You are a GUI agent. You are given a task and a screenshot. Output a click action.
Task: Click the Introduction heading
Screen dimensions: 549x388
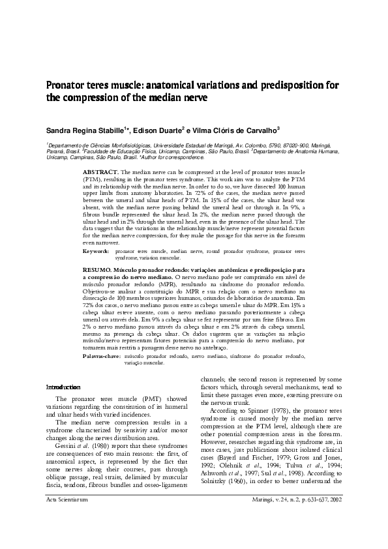[63, 387]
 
